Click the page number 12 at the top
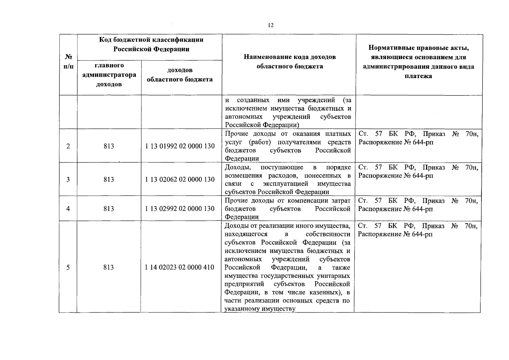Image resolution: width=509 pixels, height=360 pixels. pos(271,25)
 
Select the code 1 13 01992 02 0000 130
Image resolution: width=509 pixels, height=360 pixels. pos(180,146)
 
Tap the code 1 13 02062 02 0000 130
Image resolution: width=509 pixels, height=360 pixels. pos(180,179)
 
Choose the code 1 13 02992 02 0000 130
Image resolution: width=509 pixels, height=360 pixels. pos(180,208)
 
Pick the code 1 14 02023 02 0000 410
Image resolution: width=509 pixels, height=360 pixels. pos(180,267)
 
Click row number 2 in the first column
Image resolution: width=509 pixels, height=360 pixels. pos(68,146)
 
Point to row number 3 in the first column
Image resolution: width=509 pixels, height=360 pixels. pos(68,179)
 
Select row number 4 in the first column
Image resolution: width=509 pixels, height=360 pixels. pos(68,208)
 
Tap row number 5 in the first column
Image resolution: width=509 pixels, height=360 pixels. pos(68,267)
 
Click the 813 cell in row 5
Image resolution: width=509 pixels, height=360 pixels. pos(109,267)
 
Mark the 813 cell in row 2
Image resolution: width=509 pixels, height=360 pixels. pos(109,146)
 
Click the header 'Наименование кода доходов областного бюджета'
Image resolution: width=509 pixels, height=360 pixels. pos(290,61)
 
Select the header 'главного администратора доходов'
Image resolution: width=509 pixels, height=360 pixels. pos(109,75)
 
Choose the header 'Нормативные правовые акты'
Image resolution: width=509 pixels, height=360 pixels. pos(418,48)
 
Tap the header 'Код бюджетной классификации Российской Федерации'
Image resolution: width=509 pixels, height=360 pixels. pos(151,44)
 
